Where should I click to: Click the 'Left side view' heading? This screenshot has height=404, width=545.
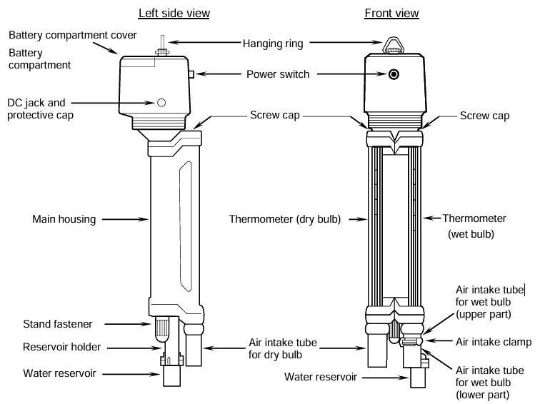174,13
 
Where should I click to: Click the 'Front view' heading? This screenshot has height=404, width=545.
391,13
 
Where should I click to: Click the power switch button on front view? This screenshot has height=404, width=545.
393,74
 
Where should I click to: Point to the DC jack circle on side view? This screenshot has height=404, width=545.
161,103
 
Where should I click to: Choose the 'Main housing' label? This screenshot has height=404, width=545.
64,219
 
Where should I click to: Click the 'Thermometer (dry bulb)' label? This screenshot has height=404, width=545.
284,219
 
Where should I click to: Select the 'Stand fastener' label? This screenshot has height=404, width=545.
58,324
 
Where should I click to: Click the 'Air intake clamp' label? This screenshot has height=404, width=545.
494,342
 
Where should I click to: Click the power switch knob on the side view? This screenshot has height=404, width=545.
192,74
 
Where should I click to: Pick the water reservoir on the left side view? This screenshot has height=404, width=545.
173,375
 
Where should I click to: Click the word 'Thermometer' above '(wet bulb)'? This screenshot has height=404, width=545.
474,218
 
